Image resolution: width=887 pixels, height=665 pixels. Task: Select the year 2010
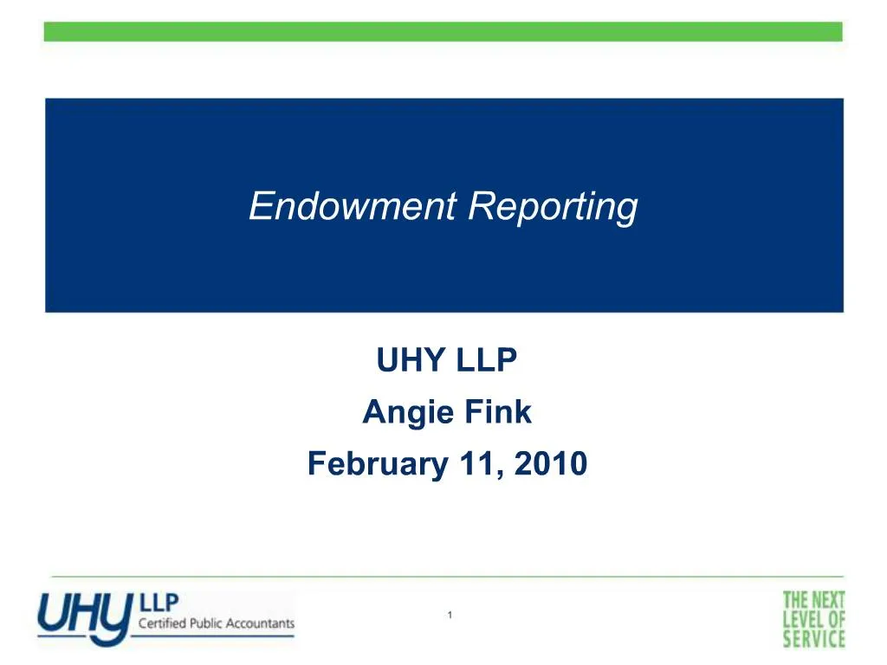[550, 464]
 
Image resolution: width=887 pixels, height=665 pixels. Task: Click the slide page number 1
[450, 615]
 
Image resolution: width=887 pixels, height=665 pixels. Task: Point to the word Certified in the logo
[160, 623]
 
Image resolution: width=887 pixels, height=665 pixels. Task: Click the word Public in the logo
[205, 623]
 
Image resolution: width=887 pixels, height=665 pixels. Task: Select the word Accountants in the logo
[260, 623]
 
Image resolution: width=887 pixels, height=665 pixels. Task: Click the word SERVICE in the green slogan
[813, 640]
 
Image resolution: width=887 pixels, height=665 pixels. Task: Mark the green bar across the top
[443, 32]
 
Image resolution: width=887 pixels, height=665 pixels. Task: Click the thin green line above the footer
[443, 576]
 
